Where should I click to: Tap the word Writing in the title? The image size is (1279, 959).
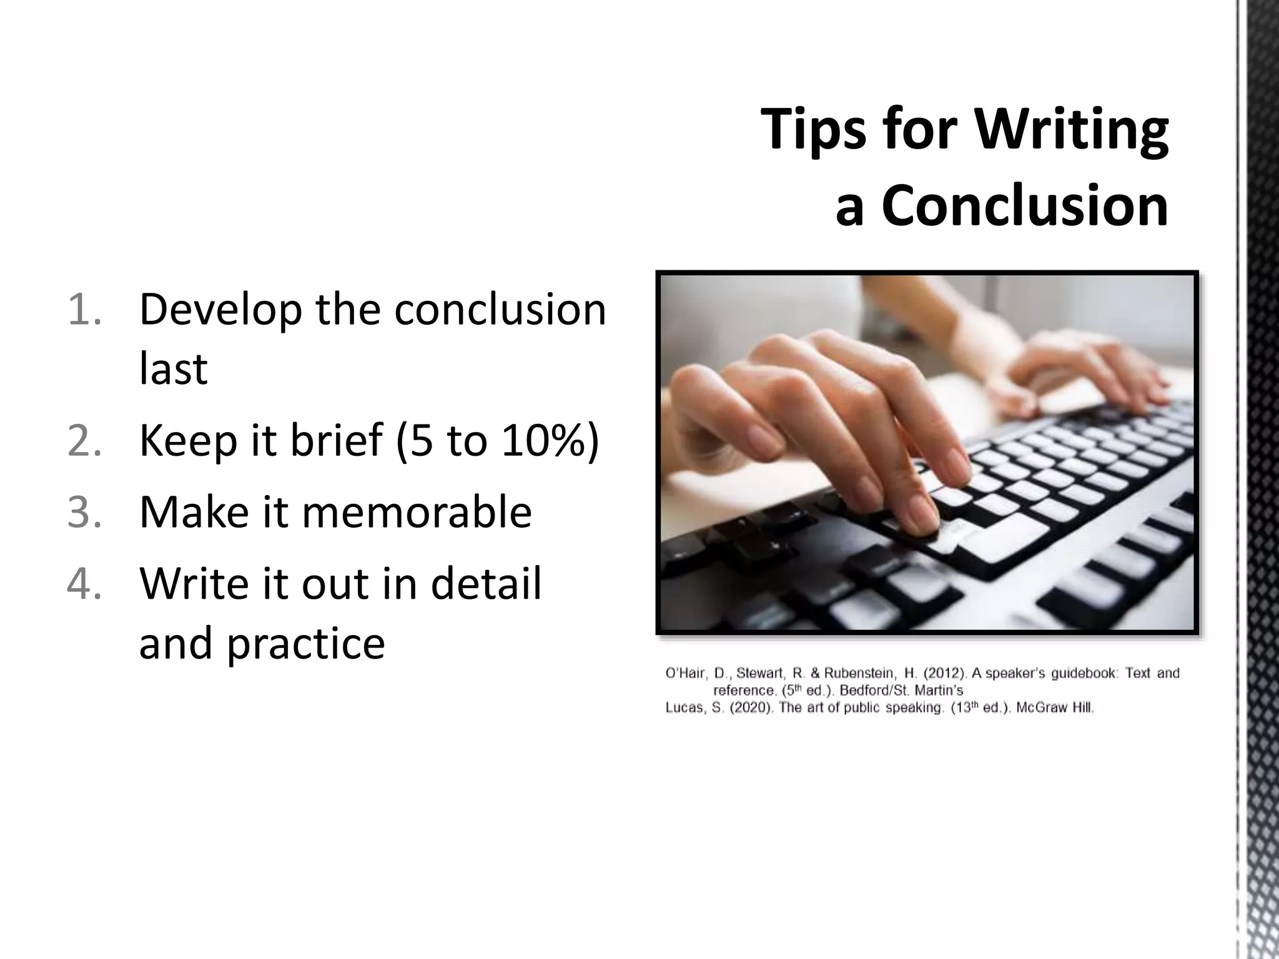coord(1071,130)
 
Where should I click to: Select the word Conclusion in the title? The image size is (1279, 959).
coord(1024,206)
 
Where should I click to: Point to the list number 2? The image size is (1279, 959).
coord(84,440)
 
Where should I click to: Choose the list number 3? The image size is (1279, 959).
coord(84,512)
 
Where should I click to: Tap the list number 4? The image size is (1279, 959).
coord(84,584)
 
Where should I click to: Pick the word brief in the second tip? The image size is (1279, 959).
coord(336,440)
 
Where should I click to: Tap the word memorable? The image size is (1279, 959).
coord(417,512)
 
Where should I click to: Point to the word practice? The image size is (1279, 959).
coord(305,643)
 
